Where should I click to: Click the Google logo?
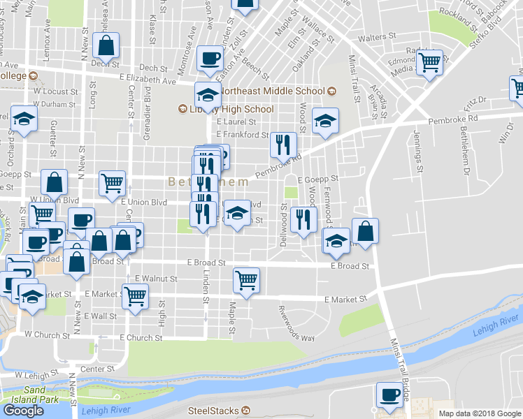tap(24, 411)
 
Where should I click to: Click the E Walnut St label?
tap(156, 279)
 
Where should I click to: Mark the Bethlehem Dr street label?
tap(464, 155)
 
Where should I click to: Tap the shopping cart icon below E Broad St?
tap(246, 280)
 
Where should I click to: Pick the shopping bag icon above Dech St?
tap(105, 46)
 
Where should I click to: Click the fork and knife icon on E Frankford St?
tap(283, 145)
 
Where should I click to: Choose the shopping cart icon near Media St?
tap(429, 62)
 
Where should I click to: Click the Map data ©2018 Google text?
tap(480, 413)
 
